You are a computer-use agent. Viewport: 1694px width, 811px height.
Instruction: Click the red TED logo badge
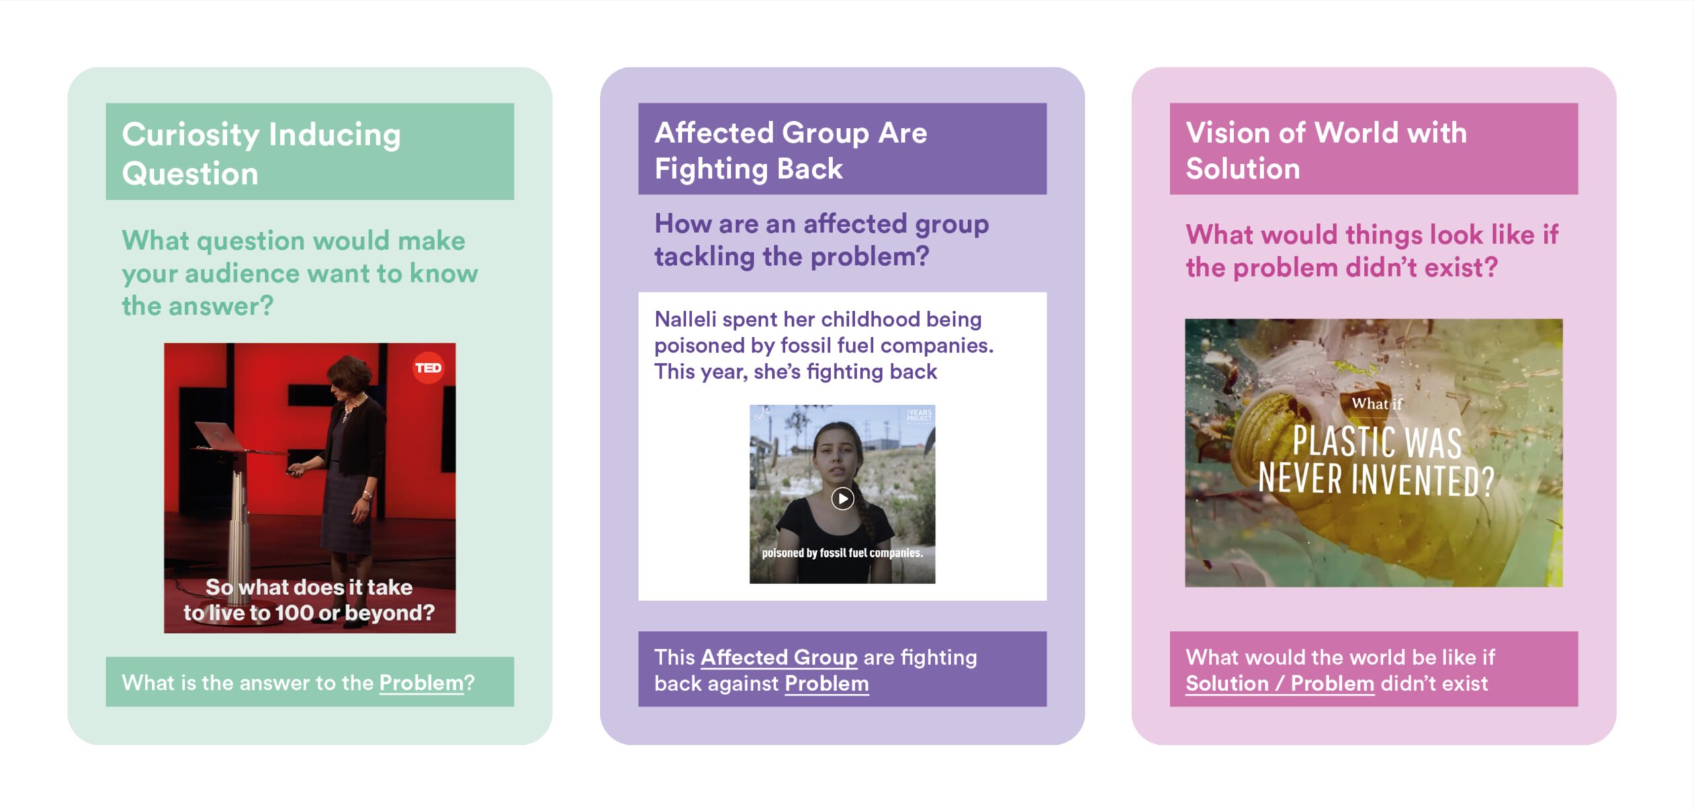(x=428, y=367)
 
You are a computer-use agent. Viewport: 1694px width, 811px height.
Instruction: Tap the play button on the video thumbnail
(x=842, y=499)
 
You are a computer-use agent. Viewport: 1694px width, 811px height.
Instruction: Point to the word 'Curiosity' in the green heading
(x=191, y=134)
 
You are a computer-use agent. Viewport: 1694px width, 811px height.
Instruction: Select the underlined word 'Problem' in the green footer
(x=422, y=683)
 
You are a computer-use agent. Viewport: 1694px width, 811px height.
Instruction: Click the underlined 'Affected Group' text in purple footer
(x=779, y=657)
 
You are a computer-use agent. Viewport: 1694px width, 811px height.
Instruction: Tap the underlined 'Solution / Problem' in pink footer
(x=1280, y=683)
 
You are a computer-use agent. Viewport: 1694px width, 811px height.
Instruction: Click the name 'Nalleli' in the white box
(x=686, y=319)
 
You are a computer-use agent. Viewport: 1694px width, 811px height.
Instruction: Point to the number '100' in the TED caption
(x=294, y=613)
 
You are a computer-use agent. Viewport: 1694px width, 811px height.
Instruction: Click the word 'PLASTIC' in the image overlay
(x=1345, y=442)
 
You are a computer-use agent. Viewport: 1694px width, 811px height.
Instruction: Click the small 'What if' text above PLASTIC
(x=1376, y=403)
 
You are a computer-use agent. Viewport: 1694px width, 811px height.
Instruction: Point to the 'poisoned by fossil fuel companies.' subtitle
(x=842, y=553)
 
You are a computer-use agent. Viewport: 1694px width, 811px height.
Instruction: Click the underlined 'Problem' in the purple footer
(x=826, y=683)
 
